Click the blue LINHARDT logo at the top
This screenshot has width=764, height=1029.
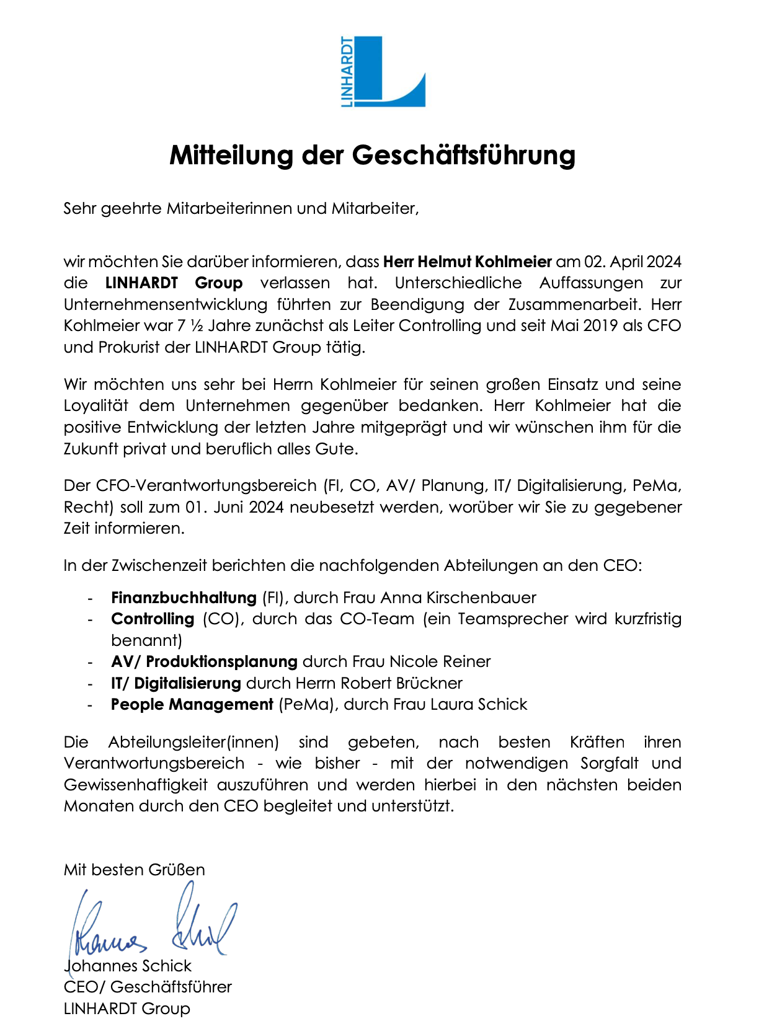click(383, 71)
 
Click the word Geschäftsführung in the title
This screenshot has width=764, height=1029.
click(464, 155)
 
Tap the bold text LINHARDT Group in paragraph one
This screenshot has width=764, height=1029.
click(174, 283)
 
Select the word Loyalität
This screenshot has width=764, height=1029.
click(96, 406)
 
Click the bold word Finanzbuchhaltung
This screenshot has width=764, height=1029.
click(184, 598)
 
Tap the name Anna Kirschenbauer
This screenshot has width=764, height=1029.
click(458, 598)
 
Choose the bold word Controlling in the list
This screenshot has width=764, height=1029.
click(153, 619)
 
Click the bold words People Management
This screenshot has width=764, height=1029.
click(192, 705)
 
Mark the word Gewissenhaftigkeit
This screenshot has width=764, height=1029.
click(136, 785)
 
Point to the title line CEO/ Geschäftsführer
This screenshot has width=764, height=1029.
click(148, 987)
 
